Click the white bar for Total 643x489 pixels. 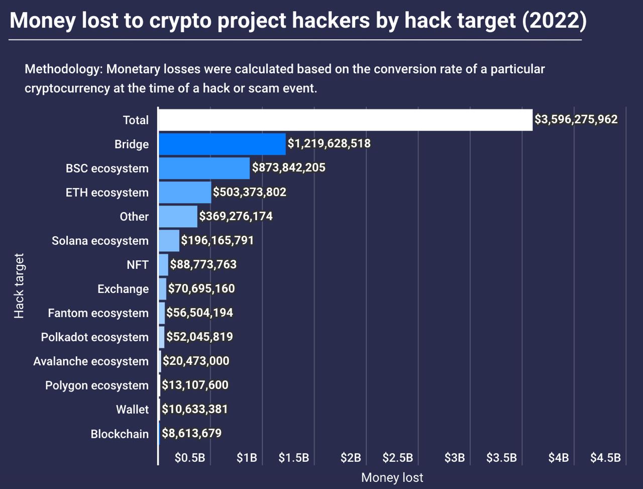pos(345,120)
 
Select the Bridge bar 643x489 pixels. pos(222,144)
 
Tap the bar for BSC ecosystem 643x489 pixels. pos(204,168)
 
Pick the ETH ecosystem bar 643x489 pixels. pos(185,192)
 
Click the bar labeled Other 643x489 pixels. pos(178,217)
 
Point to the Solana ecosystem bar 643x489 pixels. pos(169,241)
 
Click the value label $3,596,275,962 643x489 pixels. pos(576,120)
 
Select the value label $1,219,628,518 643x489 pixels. pos(329,144)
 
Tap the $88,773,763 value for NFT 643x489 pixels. pos(203,264)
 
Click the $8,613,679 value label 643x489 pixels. pos(191,433)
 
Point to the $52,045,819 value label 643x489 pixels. pos(199,337)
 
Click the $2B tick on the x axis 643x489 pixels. pos(351,457)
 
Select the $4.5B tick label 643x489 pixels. pos(605,457)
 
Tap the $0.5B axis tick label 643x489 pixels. pos(190,457)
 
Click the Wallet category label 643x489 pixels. pos(132,410)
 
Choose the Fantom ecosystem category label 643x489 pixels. pos(98,313)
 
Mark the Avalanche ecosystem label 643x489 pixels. pos(91,361)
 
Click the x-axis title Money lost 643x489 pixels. pos(392,477)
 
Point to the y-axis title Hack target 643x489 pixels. pos(19,286)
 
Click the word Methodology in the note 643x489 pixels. pos(62,69)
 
